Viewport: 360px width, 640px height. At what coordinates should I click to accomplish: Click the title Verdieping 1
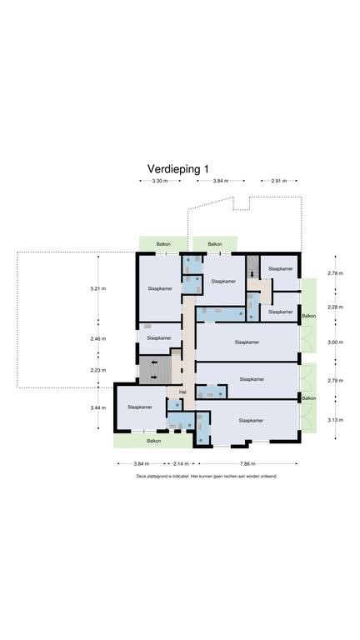point(178,169)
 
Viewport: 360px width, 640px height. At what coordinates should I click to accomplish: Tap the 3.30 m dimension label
point(160,180)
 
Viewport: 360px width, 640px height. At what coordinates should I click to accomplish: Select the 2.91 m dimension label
point(279,180)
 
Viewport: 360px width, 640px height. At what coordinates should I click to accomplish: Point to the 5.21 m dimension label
point(98,288)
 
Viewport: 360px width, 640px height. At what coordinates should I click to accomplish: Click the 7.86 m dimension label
point(247,463)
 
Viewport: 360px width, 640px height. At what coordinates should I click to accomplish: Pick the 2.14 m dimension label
point(181,463)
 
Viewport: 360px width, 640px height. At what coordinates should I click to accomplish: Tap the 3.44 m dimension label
point(98,407)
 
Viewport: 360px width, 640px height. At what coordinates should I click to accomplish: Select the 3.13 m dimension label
point(335,420)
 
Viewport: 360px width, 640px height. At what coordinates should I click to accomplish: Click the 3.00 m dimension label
point(335,342)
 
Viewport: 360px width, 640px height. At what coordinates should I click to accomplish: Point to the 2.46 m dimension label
point(98,338)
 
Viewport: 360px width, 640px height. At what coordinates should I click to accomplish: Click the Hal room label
point(182,392)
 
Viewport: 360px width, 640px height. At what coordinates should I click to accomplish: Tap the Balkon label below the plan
point(154,441)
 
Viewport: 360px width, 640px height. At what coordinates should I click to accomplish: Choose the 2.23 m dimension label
point(98,370)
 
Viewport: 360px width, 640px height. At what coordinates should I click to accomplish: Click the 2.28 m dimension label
point(335,307)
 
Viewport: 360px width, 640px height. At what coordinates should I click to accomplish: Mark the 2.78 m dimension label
point(335,273)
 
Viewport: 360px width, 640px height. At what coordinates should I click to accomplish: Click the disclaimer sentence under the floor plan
point(207,476)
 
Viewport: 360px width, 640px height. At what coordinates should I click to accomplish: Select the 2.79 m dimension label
point(335,380)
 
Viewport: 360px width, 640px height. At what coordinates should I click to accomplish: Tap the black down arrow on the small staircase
point(252,274)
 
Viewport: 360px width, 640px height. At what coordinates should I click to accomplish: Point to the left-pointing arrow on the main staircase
point(153,362)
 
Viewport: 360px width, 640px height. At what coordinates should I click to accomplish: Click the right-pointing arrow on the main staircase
point(153,377)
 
